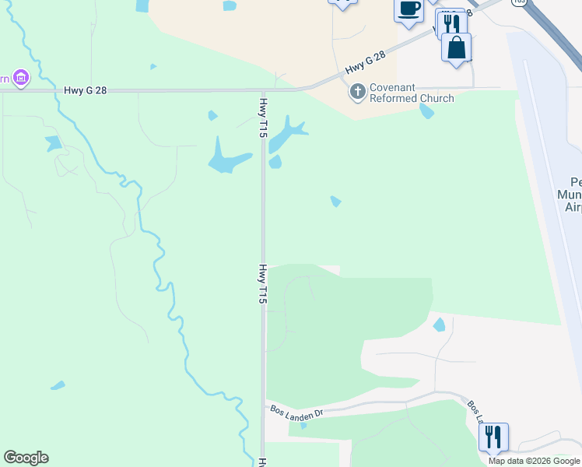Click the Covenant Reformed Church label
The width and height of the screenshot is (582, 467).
(x=412, y=93)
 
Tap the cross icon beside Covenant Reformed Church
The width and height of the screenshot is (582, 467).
(x=358, y=93)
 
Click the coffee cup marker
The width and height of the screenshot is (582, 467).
(x=409, y=9)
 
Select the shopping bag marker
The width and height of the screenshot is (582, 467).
(x=456, y=47)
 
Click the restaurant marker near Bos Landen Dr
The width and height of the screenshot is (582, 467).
(x=493, y=437)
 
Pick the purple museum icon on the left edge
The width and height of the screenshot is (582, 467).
(x=20, y=77)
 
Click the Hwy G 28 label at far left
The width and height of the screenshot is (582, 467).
(x=86, y=90)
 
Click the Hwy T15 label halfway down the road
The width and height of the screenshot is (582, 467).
(x=264, y=283)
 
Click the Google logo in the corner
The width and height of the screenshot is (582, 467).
(x=26, y=458)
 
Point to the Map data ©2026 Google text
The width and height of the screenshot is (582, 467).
(x=535, y=461)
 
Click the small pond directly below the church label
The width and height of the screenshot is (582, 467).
(x=426, y=111)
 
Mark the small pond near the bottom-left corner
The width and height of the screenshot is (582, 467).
(x=58, y=385)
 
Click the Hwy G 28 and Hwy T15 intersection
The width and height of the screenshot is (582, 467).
(x=264, y=90)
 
